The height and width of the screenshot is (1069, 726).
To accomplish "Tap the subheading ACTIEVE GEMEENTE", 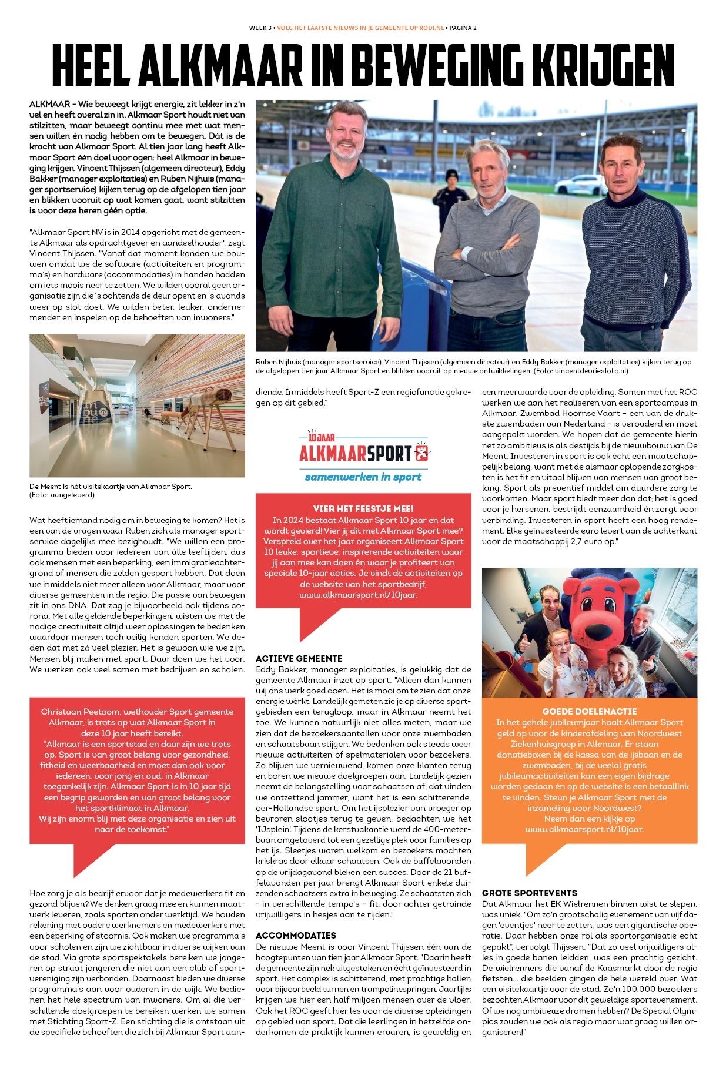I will (x=299, y=658).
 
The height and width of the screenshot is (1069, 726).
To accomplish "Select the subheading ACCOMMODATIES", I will (x=296, y=935).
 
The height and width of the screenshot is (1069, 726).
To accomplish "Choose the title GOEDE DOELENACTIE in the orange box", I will (x=590, y=711).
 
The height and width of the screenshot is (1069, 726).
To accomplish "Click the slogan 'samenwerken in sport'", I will (x=363, y=477).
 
